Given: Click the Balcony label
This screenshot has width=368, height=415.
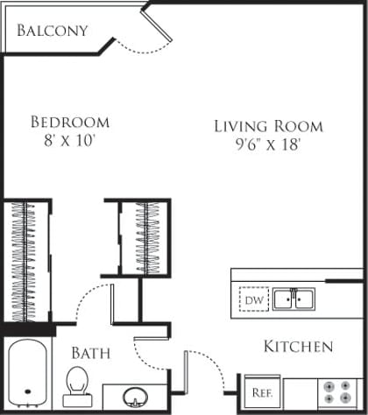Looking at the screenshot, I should (x=53, y=31).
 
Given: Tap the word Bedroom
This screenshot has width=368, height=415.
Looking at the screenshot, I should (x=69, y=122).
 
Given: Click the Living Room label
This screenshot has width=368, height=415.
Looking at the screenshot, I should (x=268, y=126).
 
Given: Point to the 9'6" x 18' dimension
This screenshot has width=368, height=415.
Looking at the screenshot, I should (x=268, y=145).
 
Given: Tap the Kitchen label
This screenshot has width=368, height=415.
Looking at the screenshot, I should (x=298, y=347).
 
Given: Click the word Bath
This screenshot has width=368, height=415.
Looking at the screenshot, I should (x=90, y=354).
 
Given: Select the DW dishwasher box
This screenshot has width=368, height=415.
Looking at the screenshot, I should (x=253, y=300).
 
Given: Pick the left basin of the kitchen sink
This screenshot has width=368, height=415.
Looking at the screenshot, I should (x=282, y=300).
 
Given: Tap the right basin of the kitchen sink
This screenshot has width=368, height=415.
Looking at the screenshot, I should (x=303, y=300).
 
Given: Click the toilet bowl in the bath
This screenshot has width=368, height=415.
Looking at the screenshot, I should (x=77, y=381).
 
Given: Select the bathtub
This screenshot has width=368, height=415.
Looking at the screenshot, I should (x=29, y=375).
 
